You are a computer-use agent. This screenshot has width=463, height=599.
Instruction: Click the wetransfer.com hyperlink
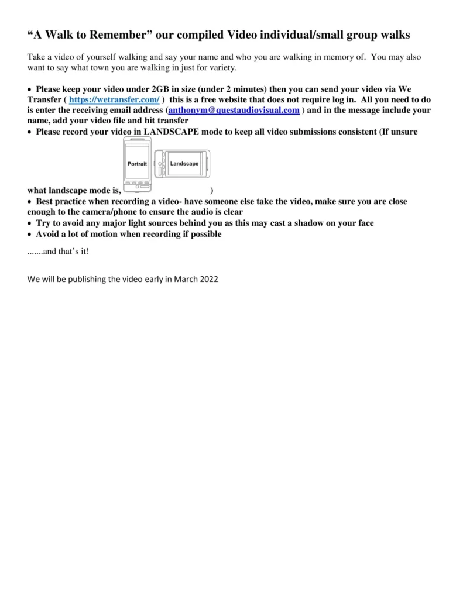pos(114,100)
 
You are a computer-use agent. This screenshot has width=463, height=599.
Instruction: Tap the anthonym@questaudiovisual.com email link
pos(234,110)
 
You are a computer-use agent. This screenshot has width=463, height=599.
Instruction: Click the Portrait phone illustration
pos(138,163)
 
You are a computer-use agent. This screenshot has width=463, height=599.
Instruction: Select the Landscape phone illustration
pos(183,164)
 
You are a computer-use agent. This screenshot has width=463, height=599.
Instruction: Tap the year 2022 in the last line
pos(208,279)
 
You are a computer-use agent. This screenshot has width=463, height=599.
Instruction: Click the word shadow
pos(309,223)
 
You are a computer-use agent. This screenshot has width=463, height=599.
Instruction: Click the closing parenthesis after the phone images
pos(211,191)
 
